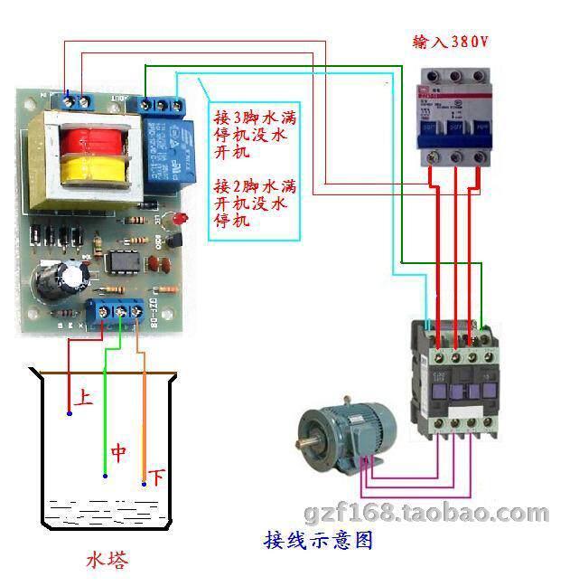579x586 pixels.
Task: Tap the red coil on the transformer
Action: click(88, 141)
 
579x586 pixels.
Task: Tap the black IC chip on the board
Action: click(120, 261)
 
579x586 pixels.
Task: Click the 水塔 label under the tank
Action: click(107, 561)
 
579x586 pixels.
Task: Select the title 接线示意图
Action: click(318, 541)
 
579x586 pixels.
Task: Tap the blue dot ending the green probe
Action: click(105, 476)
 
